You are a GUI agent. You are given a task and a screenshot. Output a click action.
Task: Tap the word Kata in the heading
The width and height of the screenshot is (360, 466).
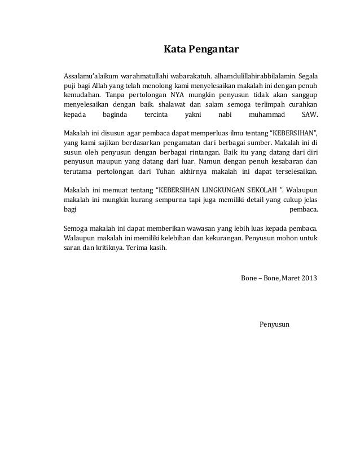(174, 50)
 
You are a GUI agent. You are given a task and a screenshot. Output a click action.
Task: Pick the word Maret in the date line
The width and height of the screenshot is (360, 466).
(292, 278)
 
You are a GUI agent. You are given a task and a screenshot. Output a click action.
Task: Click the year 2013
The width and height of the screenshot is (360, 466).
(310, 278)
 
